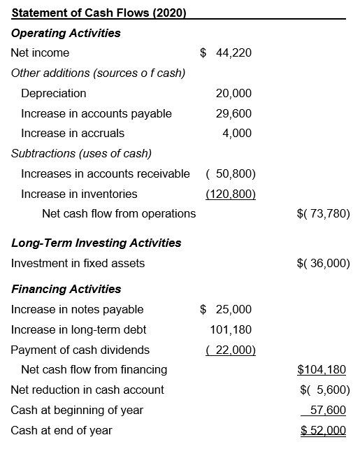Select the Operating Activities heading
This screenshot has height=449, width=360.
(66, 33)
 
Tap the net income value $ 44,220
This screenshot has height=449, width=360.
(226, 52)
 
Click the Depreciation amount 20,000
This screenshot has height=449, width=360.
(233, 93)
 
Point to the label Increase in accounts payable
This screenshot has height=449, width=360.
(96, 113)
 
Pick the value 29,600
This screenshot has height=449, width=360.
(233, 113)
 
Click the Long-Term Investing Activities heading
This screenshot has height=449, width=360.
(96, 243)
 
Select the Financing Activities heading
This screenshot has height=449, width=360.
(66, 289)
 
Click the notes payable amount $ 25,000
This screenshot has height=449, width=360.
(226, 309)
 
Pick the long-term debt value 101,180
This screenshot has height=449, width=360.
(231, 329)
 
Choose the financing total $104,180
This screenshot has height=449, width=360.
(322, 369)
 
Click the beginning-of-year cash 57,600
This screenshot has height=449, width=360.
(329, 410)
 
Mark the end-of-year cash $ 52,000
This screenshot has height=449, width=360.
(323, 430)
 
